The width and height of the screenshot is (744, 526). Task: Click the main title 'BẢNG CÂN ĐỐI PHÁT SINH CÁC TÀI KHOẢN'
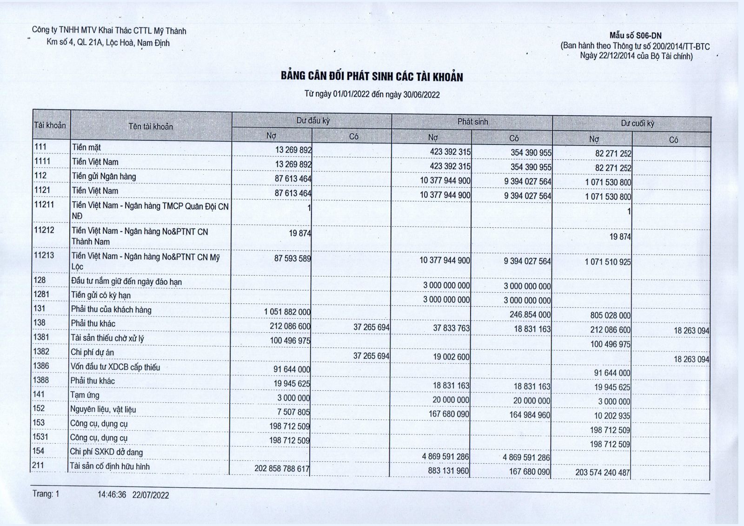pyautogui.click(x=372, y=77)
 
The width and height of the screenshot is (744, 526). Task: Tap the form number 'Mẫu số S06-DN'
pyautogui.click(x=635, y=36)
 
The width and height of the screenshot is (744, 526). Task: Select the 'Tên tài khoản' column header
pyautogui.click(x=151, y=126)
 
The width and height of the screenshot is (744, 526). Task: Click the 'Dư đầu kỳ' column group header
pyautogui.click(x=312, y=121)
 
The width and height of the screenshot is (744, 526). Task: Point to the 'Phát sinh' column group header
pyautogui.click(x=472, y=122)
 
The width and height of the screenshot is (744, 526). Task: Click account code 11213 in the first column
pyautogui.click(x=44, y=255)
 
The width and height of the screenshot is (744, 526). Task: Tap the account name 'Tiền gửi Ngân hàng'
pyautogui.click(x=104, y=176)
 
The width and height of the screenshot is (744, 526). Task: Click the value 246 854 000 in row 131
pyautogui.click(x=530, y=315)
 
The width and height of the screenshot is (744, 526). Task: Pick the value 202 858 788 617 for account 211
pyautogui.click(x=282, y=468)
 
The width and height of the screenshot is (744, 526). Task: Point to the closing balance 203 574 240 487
pyautogui.click(x=602, y=473)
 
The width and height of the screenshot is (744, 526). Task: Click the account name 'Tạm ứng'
pyautogui.click(x=85, y=395)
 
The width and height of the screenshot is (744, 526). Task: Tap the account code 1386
pyautogui.click(x=41, y=366)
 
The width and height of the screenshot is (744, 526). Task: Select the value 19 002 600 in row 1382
pyautogui.click(x=451, y=357)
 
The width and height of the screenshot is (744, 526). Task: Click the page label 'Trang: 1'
pyautogui.click(x=46, y=494)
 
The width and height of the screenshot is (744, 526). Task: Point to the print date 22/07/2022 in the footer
pyautogui.click(x=151, y=495)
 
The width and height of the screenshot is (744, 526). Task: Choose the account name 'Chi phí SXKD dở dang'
pyautogui.click(x=106, y=452)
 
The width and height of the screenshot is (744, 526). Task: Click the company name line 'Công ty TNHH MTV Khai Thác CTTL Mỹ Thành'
pyautogui.click(x=109, y=31)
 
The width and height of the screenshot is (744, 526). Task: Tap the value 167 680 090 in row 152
pyautogui.click(x=449, y=414)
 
